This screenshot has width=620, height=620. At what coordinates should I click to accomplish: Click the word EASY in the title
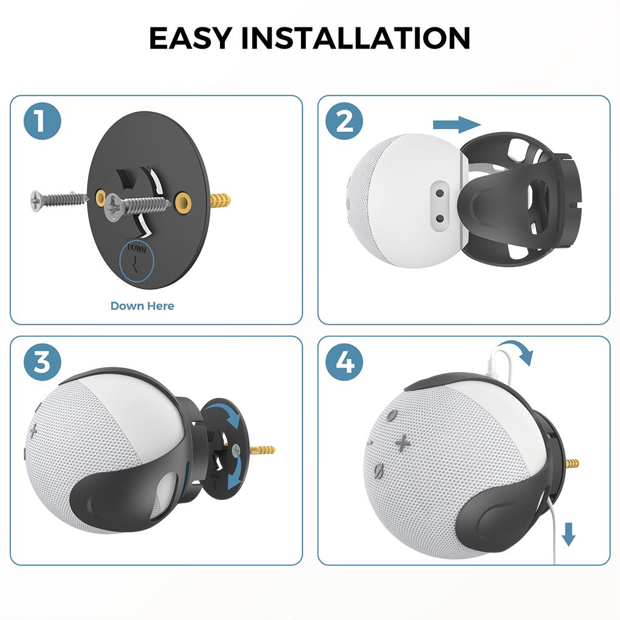pos(190,38)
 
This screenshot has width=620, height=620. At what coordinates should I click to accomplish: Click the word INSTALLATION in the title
pos(356,38)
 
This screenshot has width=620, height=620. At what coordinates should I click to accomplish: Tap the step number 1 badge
pos(43,122)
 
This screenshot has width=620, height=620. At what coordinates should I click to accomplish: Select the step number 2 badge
pos(345,122)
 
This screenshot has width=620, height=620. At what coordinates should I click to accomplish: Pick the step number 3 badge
pos(43,363)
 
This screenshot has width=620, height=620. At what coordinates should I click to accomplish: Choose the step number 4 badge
pos(345,363)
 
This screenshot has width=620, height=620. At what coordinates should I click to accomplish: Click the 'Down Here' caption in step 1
pos(142,306)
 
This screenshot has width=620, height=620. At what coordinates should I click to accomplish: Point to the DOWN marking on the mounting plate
pos(137,248)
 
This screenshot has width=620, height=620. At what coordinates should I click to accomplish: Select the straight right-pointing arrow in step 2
pos(456,125)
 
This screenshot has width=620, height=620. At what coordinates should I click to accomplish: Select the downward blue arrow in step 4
pos(568,534)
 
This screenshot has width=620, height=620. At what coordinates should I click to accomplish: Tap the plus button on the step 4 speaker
pos(402,443)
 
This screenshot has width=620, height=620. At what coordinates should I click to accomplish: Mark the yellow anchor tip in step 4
pos(572,464)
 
